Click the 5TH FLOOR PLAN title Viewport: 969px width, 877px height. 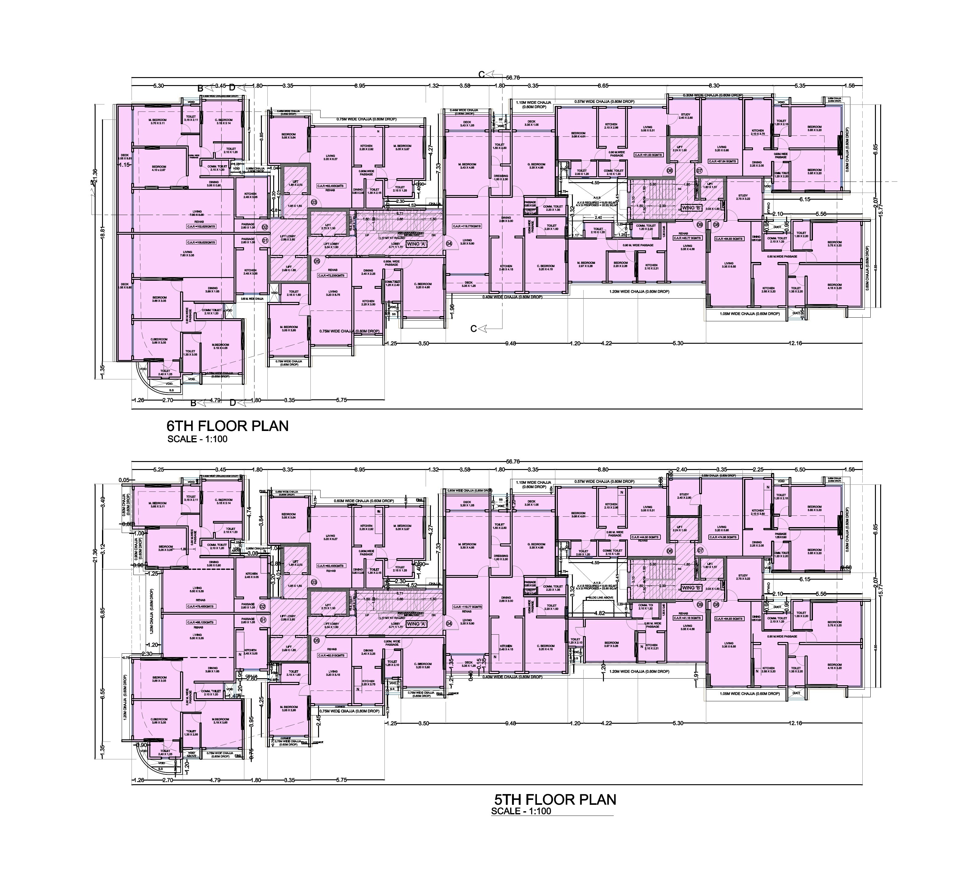[x=555, y=799]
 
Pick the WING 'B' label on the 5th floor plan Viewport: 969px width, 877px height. [x=692, y=588]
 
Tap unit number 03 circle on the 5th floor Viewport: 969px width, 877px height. [x=314, y=582]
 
